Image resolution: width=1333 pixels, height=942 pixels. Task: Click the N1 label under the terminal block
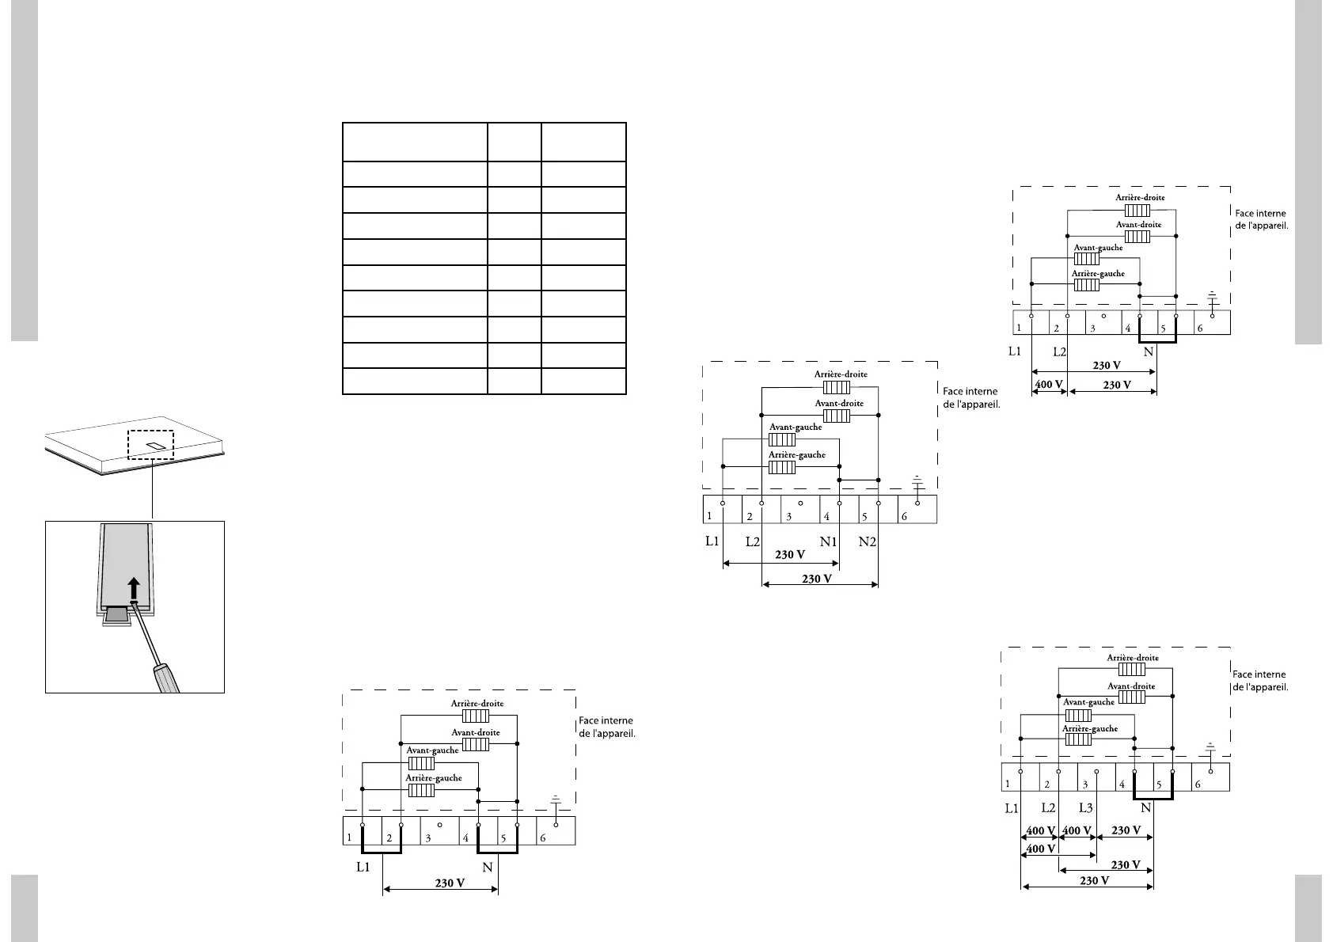pyautogui.click(x=828, y=542)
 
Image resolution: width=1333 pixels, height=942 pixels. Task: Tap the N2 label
pyautogui.click(x=868, y=542)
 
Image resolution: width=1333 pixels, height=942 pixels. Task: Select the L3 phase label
pyautogui.click(x=1086, y=808)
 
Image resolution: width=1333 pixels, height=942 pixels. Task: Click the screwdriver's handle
pyautogui.click(x=167, y=678)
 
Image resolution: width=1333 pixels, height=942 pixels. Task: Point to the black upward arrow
pyautogui.click(x=134, y=589)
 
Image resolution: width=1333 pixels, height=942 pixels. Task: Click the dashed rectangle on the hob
pyautogui.click(x=150, y=445)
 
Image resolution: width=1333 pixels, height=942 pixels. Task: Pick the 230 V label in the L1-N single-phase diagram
pyautogui.click(x=450, y=883)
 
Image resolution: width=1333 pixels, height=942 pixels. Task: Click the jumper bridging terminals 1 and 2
pyautogui.click(x=382, y=851)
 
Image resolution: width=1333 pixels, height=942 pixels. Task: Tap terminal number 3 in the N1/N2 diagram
pyautogui.click(x=788, y=517)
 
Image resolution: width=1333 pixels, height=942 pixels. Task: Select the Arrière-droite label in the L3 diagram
pyautogui.click(x=1132, y=658)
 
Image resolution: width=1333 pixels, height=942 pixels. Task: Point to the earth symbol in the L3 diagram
pyautogui.click(x=1210, y=747)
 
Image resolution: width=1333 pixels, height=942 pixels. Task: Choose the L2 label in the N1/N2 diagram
pyautogui.click(x=753, y=542)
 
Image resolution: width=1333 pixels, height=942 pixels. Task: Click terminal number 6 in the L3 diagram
pyautogui.click(x=1198, y=784)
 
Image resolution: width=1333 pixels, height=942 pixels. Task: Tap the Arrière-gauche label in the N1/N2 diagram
pyautogui.click(x=796, y=455)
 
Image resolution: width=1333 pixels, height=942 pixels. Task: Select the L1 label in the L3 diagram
pyautogui.click(x=1012, y=808)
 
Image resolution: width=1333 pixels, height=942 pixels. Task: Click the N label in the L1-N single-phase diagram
pyautogui.click(x=488, y=868)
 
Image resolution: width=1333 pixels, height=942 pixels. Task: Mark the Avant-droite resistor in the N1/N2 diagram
pyautogui.click(x=837, y=416)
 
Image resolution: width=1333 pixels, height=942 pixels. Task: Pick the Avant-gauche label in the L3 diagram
pyautogui.click(x=1088, y=702)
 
